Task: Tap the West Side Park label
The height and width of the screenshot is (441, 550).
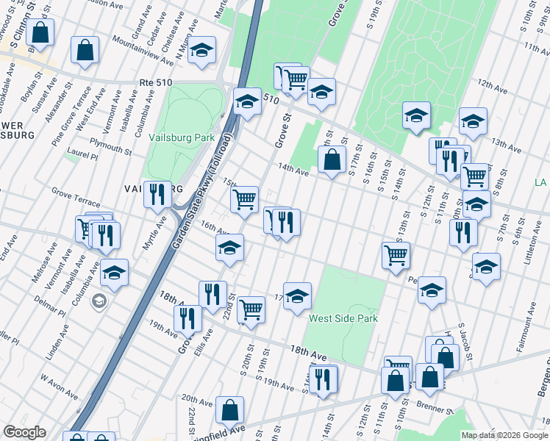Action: (343, 318)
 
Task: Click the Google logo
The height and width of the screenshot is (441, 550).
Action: (25, 432)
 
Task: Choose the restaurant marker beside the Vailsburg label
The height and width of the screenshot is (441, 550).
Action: (157, 195)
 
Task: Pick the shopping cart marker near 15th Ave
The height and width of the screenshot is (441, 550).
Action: (244, 198)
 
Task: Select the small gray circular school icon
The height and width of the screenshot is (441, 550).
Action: (99, 301)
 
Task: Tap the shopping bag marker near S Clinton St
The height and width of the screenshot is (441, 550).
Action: (41, 32)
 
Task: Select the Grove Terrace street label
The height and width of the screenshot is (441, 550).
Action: (76, 194)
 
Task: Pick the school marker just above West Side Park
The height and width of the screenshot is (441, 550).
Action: (297, 296)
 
